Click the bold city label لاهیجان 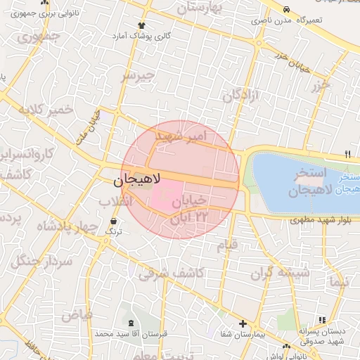coord(138,180)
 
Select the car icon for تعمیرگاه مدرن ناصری coord(286,9)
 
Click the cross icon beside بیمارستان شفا coord(243,324)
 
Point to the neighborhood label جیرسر coord(138,76)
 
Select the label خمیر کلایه coord(46,110)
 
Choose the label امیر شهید coord(181,134)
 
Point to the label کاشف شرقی coord(171,273)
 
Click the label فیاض coord(76,316)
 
